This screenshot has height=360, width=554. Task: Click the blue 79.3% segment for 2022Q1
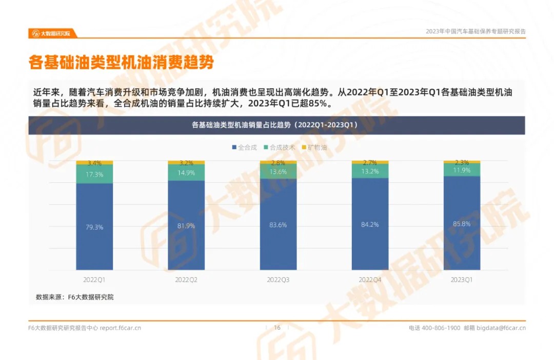pyautogui.click(x=94, y=227)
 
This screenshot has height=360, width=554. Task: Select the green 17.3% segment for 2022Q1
pyautogui.click(x=94, y=174)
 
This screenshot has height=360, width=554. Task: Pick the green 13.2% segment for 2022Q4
pyautogui.click(x=370, y=171)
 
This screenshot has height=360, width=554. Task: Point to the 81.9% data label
pyautogui.click(x=187, y=226)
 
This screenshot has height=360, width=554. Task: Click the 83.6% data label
pyautogui.click(x=278, y=225)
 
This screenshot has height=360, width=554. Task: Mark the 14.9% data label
pyautogui.click(x=187, y=172)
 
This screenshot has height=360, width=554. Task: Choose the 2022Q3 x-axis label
pyautogui.click(x=278, y=280)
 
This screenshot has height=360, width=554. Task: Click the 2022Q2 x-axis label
pyautogui.click(x=186, y=280)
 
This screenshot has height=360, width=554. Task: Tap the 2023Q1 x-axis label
pyautogui.click(x=462, y=280)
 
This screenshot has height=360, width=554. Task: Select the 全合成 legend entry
pyautogui.click(x=244, y=147)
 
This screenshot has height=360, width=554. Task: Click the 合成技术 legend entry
pyautogui.click(x=280, y=147)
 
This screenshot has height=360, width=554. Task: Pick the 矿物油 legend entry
pyautogui.click(x=314, y=147)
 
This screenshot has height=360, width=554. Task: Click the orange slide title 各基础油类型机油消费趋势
pyautogui.click(x=121, y=63)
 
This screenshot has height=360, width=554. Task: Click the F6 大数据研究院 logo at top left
pyautogui.click(x=52, y=33)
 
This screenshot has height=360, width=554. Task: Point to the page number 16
pyautogui.click(x=278, y=328)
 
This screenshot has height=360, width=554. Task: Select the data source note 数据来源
pyautogui.click(x=74, y=297)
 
